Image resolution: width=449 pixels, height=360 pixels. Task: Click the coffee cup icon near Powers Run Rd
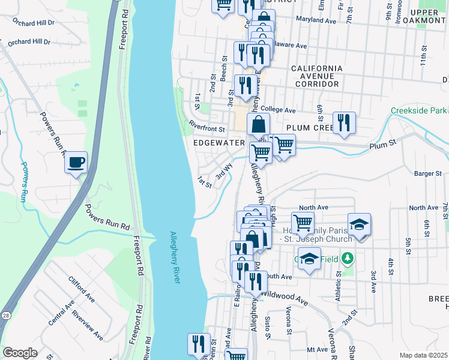click(x=76, y=163)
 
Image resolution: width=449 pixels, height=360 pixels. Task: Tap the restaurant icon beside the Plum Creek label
click(x=344, y=122)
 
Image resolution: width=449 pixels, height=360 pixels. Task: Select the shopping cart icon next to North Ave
click(x=303, y=223)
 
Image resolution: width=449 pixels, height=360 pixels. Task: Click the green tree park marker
click(x=346, y=259)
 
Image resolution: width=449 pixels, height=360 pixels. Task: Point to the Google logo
click(x=20, y=353)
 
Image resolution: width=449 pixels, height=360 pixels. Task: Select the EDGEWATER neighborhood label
click(x=219, y=143)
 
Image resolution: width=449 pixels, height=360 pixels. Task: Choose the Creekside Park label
click(x=419, y=110)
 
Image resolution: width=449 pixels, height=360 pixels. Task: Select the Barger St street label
click(x=427, y=173)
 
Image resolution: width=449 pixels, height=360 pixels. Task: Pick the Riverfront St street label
click(x=206, y=128)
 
